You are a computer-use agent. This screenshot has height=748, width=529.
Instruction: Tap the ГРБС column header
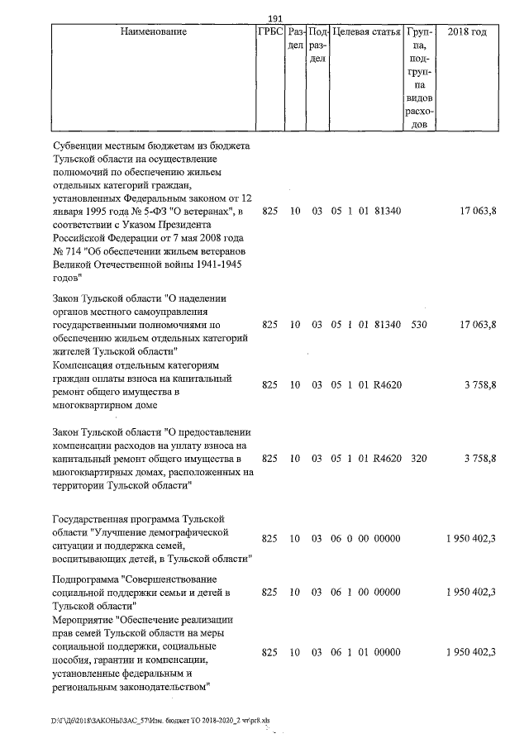click(270, 31)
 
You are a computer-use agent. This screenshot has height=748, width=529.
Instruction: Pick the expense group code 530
click(418, 325)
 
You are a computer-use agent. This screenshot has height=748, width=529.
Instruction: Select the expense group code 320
click(418, 458)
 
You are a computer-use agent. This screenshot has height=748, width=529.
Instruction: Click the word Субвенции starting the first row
click(80, 145)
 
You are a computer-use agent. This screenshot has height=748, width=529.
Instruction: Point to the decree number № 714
click(69, 251)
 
